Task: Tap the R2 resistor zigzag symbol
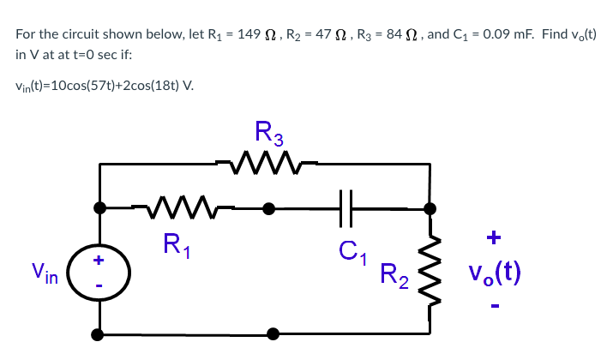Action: (432, 273)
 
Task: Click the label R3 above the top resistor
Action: (269, 133)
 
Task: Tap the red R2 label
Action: (393, 275)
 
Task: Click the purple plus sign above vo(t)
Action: (495, 237)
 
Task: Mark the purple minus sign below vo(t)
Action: (495, 303)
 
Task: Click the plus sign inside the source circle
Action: (99, 258)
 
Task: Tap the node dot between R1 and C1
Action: (268, 207)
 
